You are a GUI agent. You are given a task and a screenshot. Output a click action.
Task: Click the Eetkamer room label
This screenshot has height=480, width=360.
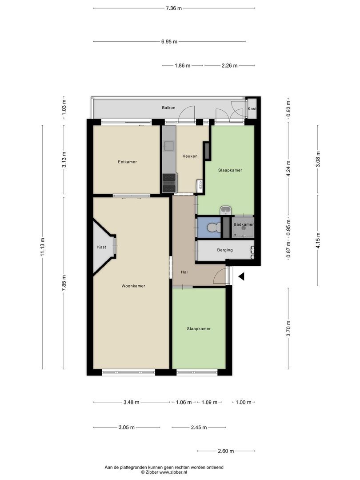(128, 162)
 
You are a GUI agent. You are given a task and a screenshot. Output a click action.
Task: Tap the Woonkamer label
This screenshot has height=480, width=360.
(133, 286)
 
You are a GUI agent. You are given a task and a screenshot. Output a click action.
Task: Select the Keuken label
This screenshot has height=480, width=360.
(190, 156)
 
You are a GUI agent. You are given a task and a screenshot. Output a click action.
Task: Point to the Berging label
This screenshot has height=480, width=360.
(225, 250)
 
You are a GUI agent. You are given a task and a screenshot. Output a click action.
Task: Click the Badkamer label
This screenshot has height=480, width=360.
(244, 224)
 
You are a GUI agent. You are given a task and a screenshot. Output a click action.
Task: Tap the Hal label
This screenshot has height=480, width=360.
(184, 272)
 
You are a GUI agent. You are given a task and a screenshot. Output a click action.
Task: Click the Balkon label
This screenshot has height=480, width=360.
(169, 108)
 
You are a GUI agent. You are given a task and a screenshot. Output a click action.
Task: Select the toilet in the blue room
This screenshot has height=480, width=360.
(214, 228)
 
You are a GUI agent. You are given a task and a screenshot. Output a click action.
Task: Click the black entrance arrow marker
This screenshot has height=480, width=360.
(241, 277)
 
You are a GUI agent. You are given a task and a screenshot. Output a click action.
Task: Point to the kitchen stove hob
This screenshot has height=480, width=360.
(170, 183)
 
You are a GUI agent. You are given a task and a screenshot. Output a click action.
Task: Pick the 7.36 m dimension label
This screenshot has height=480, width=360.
(174, 8)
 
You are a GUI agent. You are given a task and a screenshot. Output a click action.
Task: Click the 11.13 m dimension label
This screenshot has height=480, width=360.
(43, 247)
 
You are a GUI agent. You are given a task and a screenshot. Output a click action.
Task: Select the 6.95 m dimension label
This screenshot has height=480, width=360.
(169, 42)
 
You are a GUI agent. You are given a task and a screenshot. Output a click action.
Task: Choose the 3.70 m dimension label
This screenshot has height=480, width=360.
(288, 328)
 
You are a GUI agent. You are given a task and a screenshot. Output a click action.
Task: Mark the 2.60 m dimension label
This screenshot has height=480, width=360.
(226, 451)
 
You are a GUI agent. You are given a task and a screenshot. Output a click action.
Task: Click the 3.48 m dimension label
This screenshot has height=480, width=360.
(131, 402)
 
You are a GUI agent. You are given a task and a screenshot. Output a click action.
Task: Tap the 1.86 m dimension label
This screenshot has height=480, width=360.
(183, 65)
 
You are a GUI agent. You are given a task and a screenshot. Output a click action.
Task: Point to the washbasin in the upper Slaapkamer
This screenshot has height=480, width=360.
(226, 210)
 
